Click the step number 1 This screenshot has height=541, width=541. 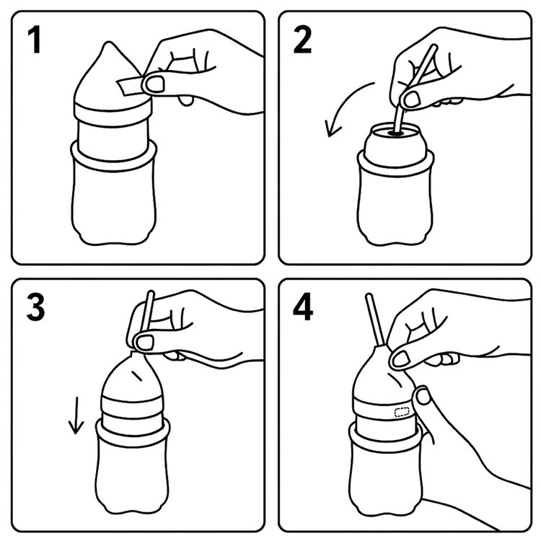click(x=35, y=40)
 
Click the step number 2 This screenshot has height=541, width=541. click(x=302, y=40)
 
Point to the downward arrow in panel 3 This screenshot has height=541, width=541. click(x=76, y=415)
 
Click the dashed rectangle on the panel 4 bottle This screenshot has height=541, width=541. click(x=402, y=412)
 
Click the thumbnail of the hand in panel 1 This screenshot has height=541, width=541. click(x=154, y=84)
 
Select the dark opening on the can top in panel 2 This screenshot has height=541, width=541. click(x=397, y=133)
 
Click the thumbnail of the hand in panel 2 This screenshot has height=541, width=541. click(x=412, y=100)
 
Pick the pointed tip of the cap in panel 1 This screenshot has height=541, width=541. click(x=109, y=43)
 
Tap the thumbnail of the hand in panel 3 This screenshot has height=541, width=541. click(x=144, y=343)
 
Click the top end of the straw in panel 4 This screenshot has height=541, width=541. click(x=369, y=295)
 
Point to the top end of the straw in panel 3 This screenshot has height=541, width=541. click(x=151, y=293)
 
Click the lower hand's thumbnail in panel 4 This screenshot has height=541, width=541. click(x=423, y=397)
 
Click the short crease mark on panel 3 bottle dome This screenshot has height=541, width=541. click(x=137, y=376)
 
